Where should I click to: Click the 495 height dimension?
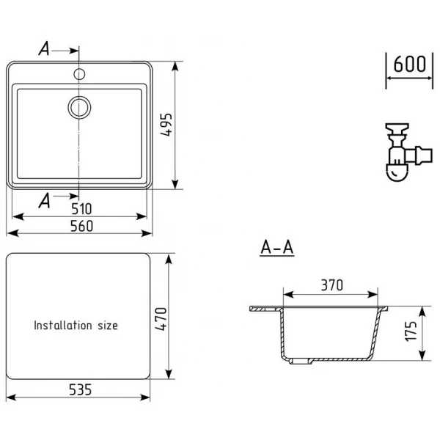click(166, 125)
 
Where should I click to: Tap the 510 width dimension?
click(81, 209)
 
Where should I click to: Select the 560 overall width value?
click(81, 226)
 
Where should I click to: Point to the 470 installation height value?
click(161, 319)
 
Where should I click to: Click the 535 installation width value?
click(80, 389)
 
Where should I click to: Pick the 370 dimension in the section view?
click(332, 285)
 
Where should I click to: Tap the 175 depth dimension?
click(411, 331)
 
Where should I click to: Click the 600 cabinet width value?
click(409, 64)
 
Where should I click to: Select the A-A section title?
click(277, 248)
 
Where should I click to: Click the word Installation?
click(63, 325)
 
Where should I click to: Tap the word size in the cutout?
click(108, 326)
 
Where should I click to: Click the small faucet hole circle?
click(79, 74)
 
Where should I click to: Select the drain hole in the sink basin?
click(79, 107)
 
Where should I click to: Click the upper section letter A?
click(44, 48)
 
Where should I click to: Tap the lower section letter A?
click(44, 201)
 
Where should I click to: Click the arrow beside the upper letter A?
click(65, 51)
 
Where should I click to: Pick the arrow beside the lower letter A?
click(66, 196)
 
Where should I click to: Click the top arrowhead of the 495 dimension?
click(175, 67)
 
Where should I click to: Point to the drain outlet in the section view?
click(301, 361)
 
